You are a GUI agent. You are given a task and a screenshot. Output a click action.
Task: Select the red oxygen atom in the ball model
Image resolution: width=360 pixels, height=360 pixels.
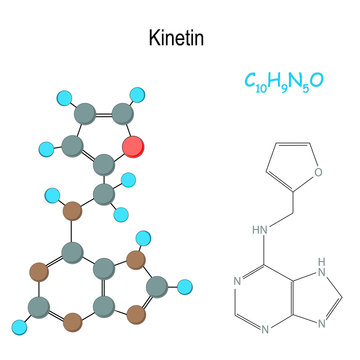click(133, 149)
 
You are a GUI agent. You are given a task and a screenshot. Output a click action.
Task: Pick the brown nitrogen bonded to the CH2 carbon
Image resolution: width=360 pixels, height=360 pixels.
click(71, 212)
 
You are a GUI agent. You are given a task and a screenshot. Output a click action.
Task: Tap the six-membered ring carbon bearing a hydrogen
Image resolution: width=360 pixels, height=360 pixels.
click(40, 302)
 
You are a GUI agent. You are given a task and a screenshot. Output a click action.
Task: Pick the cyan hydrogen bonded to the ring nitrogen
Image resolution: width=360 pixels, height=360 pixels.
click(143, 238)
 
